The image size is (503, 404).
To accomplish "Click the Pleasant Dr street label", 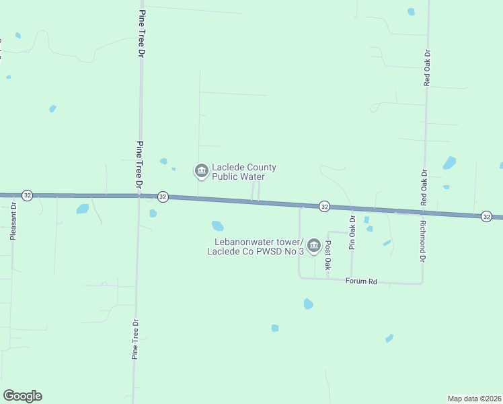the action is click(x=12, y=222).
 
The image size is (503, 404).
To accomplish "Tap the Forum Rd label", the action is click(x=361, y=281).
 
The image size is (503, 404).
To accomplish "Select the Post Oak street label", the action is click(x=328, y=256).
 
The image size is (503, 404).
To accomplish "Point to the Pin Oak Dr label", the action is click(x=351, y=233).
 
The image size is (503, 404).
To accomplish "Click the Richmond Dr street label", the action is click(x=422, y=240).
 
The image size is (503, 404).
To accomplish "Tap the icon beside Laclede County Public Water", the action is click(x=201, y=172).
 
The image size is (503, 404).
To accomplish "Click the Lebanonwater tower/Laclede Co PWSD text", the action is click(x=256, y=247).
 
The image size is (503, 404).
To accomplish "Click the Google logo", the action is click(x=22, y=396).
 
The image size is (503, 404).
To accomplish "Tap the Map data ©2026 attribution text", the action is click(x=475, y=399).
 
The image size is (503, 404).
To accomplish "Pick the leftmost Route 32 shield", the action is click(x=27, y=195).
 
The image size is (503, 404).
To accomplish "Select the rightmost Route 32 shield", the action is click(x=487, y=216).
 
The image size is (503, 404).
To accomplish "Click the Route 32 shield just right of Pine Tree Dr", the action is click(x=163, y=197).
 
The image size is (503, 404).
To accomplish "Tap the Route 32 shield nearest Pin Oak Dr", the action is click(x=324, y=206).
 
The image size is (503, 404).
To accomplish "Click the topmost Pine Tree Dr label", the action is click(x=142, y=33).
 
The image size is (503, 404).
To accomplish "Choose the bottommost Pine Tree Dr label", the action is click(x=134, y=339).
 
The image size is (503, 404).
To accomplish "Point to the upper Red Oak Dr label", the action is click(x=426, y=67).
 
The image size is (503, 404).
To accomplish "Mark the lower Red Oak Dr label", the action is click(x=424, y=187).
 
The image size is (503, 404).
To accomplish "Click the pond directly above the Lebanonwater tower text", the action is click(x=217, y=226).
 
